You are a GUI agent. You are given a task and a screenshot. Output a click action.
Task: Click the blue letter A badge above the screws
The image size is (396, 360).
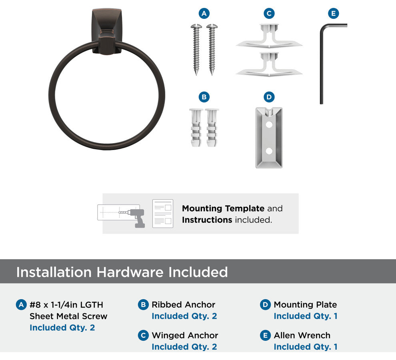tap(204, 13)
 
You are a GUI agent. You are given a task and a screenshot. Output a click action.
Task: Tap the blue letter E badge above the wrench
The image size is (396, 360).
tap(333, 13)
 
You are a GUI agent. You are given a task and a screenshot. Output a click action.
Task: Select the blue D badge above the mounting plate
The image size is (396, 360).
tap(269, 97)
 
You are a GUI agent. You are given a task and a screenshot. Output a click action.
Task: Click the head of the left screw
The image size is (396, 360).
tap(196, 26)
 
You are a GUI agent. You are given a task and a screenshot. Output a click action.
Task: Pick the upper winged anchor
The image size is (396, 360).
tap(269, 37)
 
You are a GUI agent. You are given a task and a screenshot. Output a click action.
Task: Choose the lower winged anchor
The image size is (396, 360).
tap(269, 65)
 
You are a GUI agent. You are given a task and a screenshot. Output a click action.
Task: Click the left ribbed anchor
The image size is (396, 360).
tap(196, 128)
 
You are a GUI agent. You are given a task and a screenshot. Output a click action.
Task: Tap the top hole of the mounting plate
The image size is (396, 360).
tap(269, 124)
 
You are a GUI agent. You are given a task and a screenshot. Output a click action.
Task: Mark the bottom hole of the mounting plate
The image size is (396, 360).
tap(269, 151)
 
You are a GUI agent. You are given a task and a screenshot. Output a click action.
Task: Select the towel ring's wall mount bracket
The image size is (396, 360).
tap(106, 31)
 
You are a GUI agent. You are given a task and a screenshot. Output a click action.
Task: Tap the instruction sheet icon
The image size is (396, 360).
tap(163, 214)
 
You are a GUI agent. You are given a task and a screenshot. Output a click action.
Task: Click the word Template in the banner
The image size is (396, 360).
tap(244, 209)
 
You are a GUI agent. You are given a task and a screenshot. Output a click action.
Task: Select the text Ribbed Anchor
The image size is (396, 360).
tap(183, 305)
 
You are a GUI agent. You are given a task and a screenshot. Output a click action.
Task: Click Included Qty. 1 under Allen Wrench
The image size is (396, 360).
tap(306, 347)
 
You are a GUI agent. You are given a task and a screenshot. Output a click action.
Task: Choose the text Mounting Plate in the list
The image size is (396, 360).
tap(305, 305)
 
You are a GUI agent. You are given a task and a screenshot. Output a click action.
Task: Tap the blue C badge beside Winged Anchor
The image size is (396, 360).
tap(143, 336)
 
